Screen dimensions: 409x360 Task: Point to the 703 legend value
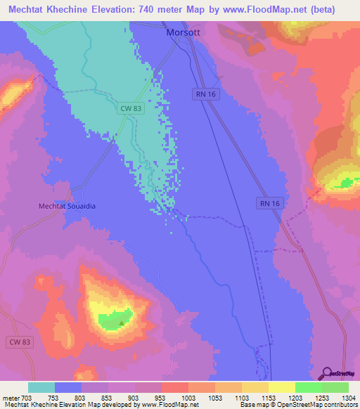pyautogui.click(x=27, y=399)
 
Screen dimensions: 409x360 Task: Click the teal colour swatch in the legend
pyautogui.click(x=41, y=387)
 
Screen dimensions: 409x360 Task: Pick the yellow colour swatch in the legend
pyautogui.click(x=281, y=387)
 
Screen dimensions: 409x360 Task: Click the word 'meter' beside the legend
pyautogui.click(x=10, y=399)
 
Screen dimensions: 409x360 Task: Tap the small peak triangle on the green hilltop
pyautogui.click(x=121, y=324)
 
